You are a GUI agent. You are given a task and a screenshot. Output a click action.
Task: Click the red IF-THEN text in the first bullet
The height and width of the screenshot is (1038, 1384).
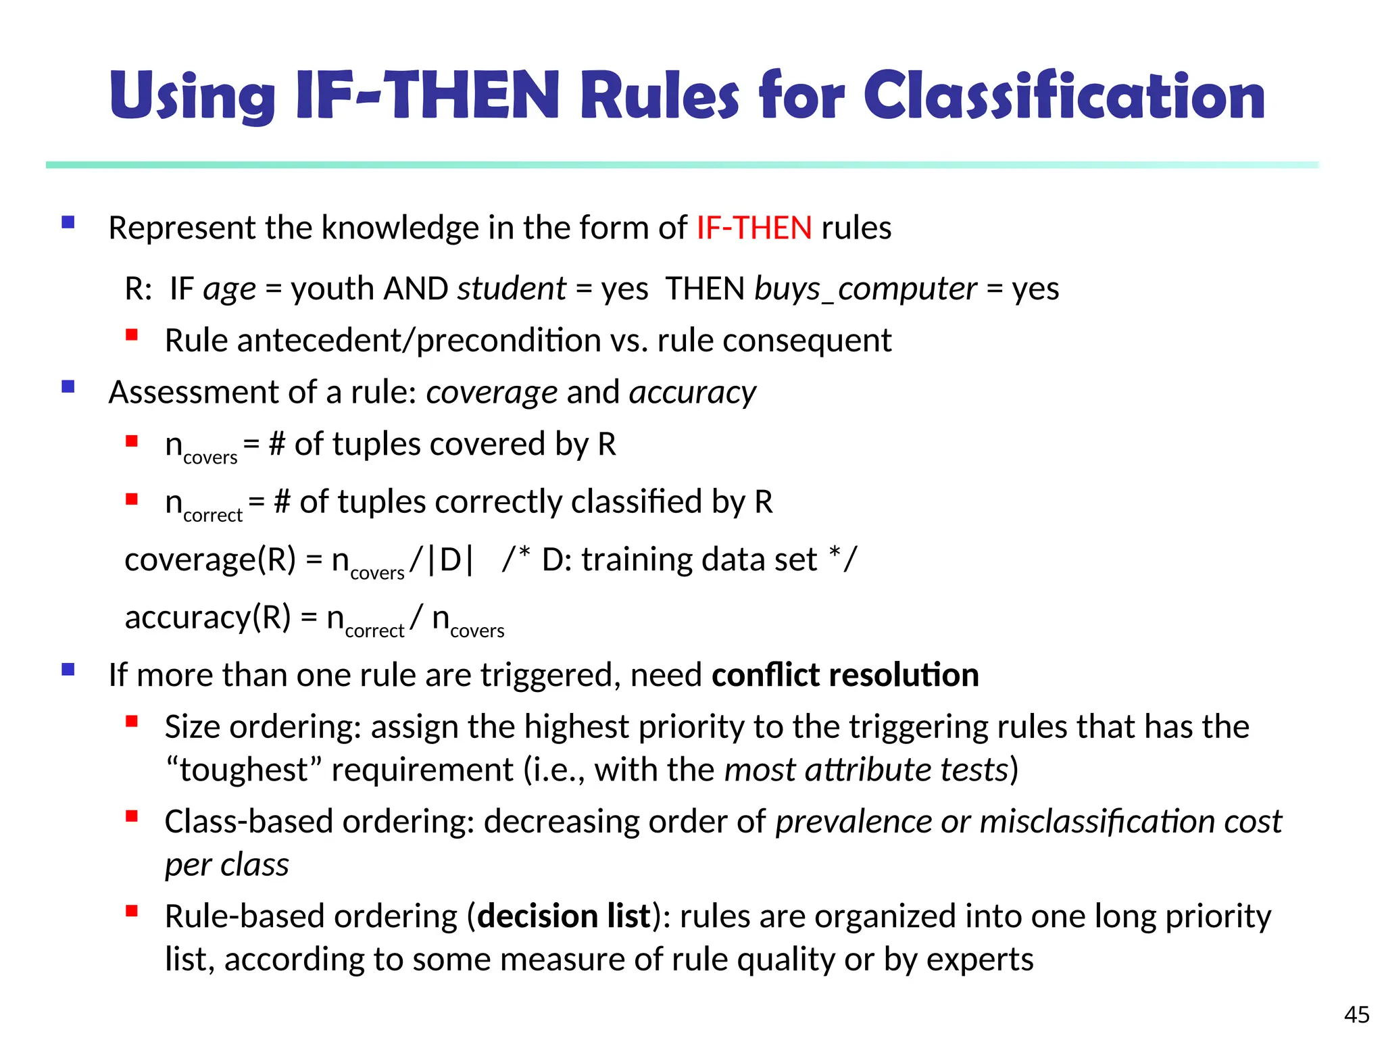tap(754, 228)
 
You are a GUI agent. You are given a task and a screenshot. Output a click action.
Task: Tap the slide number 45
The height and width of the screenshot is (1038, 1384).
tap(1356, 1014)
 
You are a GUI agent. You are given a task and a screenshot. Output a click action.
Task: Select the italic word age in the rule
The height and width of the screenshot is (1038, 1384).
tap(230, 289)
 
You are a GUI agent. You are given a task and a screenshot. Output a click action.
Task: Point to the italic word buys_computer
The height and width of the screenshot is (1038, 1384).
tap(866, 289)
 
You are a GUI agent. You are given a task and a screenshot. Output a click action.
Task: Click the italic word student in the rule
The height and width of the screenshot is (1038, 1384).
tap(512, 289)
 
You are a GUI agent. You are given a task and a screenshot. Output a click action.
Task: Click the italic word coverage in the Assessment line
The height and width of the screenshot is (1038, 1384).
tap(491, 393)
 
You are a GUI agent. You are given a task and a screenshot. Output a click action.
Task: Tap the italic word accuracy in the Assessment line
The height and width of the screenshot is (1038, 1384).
tap(693, 393)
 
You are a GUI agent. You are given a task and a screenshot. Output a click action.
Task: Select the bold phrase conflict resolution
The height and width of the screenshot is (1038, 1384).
tap(845, 675)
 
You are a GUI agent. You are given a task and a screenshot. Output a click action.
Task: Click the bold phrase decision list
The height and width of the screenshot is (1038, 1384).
tap(564, 916)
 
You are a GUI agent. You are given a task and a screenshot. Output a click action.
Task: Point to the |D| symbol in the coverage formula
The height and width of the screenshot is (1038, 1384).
tap(451, 560)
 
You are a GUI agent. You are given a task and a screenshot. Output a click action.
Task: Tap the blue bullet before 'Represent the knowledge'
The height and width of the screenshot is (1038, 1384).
tap(68, 222)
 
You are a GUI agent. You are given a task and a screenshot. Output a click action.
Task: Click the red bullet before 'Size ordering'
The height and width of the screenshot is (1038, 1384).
tap(132, 722)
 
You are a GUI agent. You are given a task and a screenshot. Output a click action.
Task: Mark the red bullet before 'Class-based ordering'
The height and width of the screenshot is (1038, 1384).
tap(132, 816)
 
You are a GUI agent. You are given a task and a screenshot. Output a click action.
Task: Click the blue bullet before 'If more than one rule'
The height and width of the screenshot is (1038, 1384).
tap(68, 670)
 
